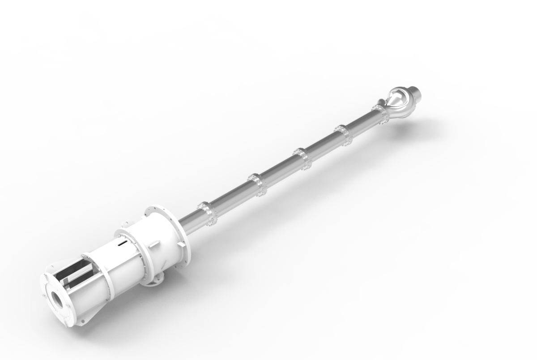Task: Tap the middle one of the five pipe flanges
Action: [x=301, y=159]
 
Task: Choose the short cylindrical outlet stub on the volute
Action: [x=416, y=94]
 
